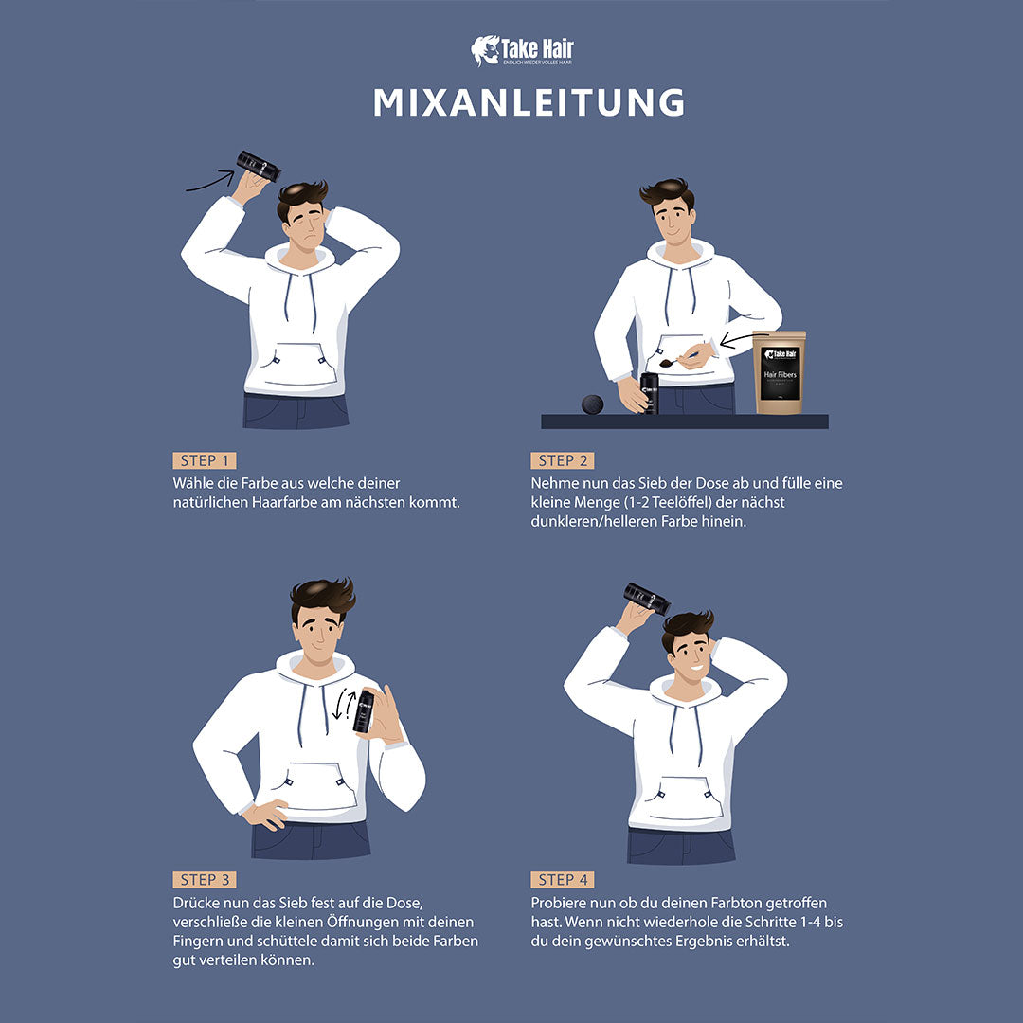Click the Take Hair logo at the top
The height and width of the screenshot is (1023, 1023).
pos(523,51)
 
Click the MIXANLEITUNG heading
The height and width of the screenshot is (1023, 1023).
pos(529,103)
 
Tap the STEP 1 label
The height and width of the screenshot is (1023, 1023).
pos(205,460)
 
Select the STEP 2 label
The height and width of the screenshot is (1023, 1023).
pos(563,460)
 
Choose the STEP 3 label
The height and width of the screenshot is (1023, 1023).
pos(205,880)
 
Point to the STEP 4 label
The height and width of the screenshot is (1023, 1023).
pos(563,880)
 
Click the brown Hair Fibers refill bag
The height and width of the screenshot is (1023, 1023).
pos(780,372)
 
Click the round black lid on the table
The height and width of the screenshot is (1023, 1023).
pos(592,404)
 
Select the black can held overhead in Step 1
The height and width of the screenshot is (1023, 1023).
pos(259,166)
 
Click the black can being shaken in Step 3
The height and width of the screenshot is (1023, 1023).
pos(364,711)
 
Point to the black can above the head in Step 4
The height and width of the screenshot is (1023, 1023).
pos(647,599)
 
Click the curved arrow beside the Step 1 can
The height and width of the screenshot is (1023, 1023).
pos(210,181)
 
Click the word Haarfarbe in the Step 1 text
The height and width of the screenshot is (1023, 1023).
pos(280,502)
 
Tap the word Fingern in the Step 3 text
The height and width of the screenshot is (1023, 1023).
pos(202,941)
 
